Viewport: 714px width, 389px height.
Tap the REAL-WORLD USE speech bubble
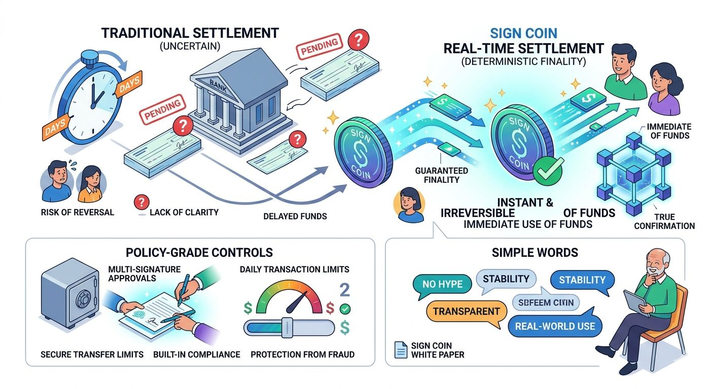coord(554,326)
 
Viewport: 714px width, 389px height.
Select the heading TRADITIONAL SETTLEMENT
coord(190,33)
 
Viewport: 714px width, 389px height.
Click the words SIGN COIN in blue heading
coord(524,34)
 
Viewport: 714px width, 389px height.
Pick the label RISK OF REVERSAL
coord(77,212)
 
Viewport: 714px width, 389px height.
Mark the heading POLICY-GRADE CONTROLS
coord(200,252)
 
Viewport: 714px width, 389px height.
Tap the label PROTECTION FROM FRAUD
coord(302,354)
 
